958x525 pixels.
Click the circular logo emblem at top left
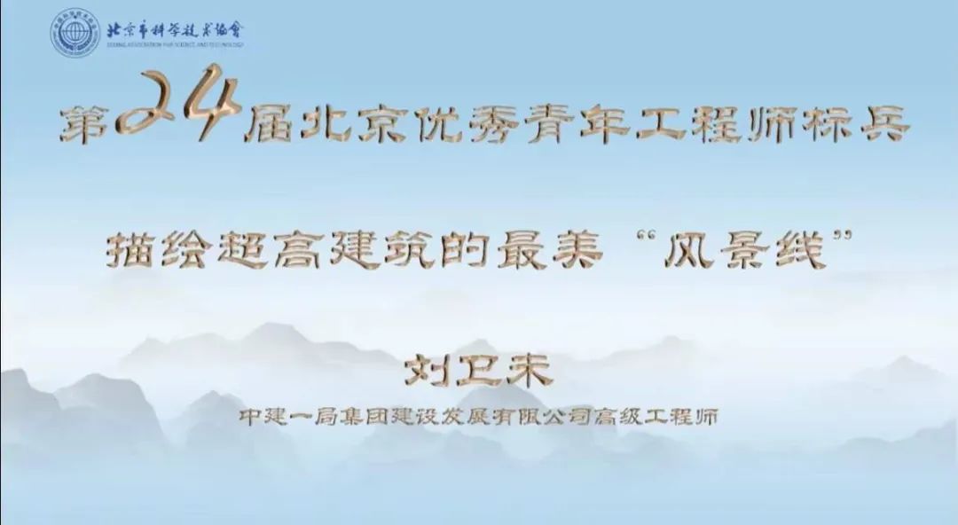[x=75, y=32]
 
